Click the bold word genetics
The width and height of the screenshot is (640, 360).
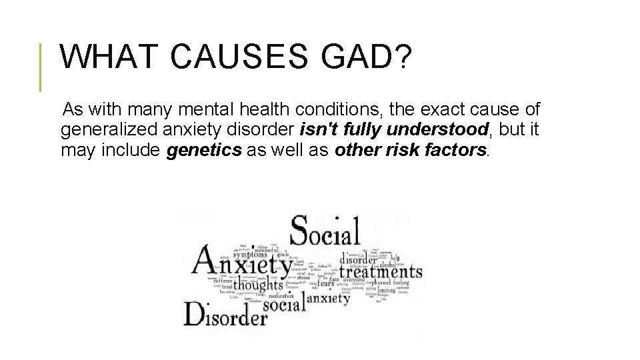pyautogui.click(x=204, y=150)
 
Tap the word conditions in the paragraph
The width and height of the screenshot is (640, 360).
pyautogui.click(x=345, y=109)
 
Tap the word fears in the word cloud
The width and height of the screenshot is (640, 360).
pyautogui.click(x=326, y=282)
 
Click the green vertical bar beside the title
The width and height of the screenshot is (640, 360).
pyautogui.click(x=41, y=67)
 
